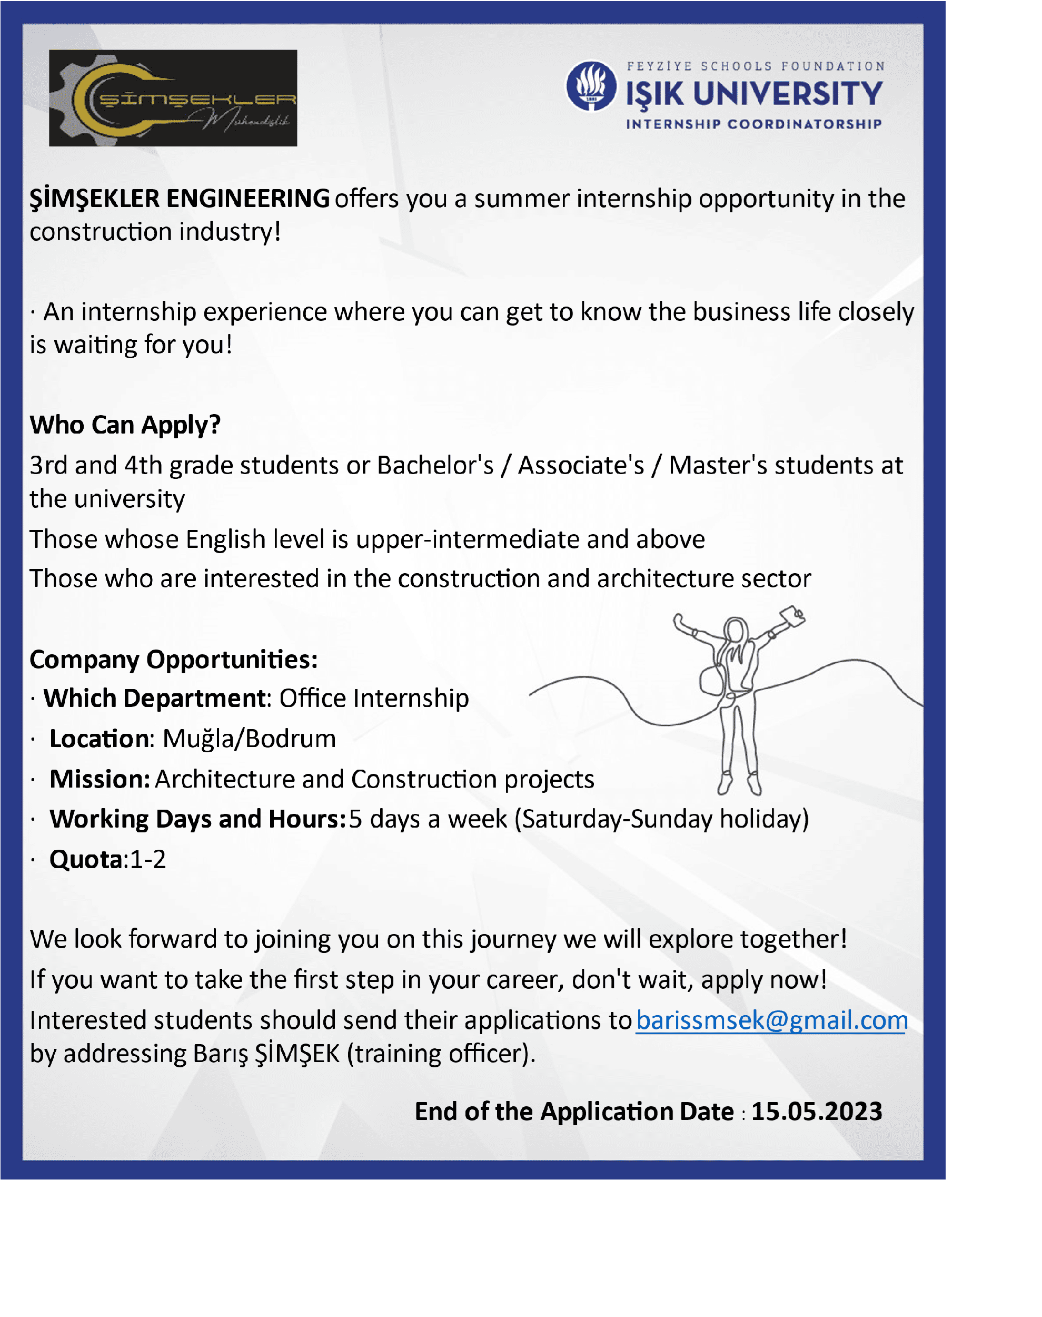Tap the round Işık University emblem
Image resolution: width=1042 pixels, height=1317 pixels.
(x=591, y=85)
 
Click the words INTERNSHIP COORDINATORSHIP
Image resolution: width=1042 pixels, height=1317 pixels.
(x=753, y=124)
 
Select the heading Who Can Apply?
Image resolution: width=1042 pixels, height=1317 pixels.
(x=125, y=425)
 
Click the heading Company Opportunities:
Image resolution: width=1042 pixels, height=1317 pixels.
(x=174, y=660)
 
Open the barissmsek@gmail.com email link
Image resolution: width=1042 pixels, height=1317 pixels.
(x=772, y=1020)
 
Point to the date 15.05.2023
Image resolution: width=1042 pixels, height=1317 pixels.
(x=816, y=1112)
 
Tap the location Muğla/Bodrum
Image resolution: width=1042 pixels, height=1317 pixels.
(x=249, y=739)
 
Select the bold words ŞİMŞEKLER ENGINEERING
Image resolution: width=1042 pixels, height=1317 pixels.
(x=180, y=199)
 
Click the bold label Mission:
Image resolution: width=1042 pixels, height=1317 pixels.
(x=100, y=779)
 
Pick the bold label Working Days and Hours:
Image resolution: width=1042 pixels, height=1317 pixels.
(x=199, y=819)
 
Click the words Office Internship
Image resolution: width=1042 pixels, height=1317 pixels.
(x=374, y=698)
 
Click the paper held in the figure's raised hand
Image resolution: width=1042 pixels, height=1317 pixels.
(x=792, y=615)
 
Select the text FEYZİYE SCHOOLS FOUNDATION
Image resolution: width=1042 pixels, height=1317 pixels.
(x=755, y=66)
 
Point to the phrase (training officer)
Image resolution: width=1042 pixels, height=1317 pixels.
(x=441, y=1054)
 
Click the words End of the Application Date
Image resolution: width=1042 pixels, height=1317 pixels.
(x=574, y=1112)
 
